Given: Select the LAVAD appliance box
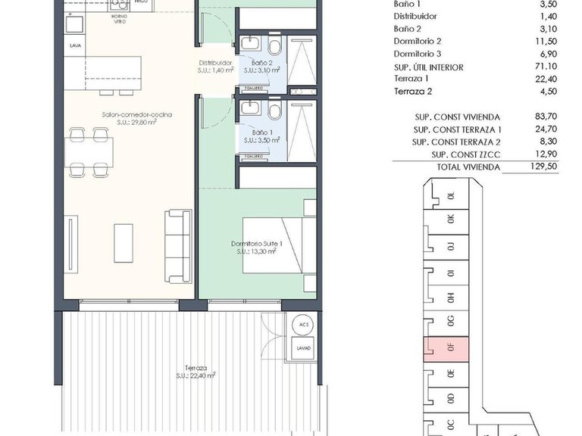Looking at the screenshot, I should point(303,348).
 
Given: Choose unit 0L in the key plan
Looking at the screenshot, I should point(450,196).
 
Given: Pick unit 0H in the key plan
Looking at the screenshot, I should point(450,297).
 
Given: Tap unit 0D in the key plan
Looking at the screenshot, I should point(450,398).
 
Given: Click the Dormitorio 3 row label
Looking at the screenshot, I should point(418,54).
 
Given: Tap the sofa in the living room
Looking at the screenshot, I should point(179,244).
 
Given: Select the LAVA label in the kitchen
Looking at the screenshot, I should point(75,45).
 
